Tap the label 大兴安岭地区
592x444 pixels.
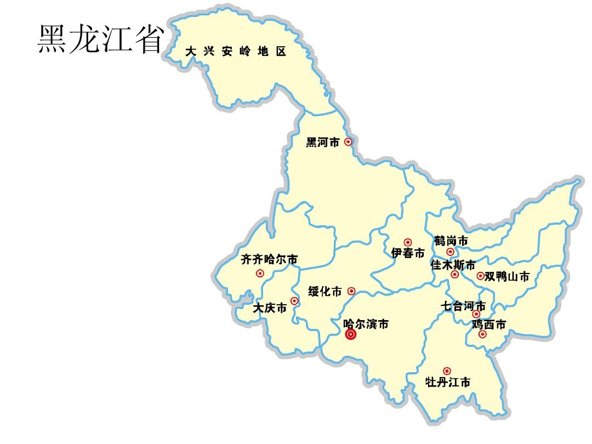pyautogui.click(x=236, y=52)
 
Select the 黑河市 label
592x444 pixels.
pyautogui.click(x=323, y=143)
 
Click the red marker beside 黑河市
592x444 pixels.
pyautogui.click(x=348, y=142)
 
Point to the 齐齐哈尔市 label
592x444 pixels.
pyautogui.click(x=269, y=259)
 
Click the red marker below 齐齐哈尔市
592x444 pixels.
pyautogui.click(x=260, y=273)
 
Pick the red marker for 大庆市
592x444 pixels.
pyautogui.click(x=294, y=301)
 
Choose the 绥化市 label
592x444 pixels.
pyautogui.click(x=325, y=291)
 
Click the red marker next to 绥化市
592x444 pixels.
pyautogui.click(x=351, y=291)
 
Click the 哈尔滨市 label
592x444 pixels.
pyautogui.click(x=366, y=324)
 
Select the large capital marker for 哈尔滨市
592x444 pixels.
pyautogui.click(x=351, y=335)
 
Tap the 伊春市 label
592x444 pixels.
pyautogui.click(x=408, y=253)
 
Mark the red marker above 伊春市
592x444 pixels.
pyautogui.click(x=408, y=242)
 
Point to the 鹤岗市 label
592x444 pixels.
pyautogui.click(x=451, y=241)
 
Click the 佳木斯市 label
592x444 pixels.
pyautogui.click(x=453, y=265)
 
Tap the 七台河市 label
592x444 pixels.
pyautogui.click(x=464, y=305)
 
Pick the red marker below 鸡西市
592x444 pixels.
pyautogui.click(x=482, y=334)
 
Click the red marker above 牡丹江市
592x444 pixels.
pyautogui.click(x=447, y=371)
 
